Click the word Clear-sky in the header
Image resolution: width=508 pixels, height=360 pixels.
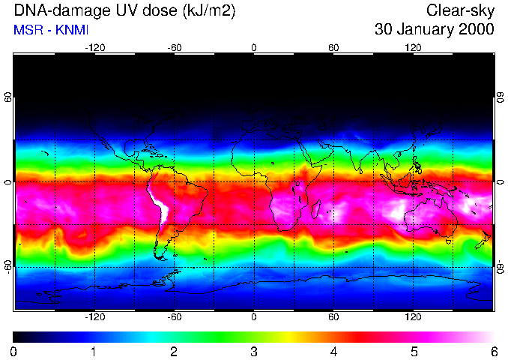[x=460, y=10]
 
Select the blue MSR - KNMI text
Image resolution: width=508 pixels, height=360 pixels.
[x=50, y=30]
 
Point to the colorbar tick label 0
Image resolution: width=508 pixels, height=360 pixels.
[x=14, y=351]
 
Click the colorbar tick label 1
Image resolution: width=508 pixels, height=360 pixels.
[x=94, y=351]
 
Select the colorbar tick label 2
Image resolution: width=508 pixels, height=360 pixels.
[x=174, y=351]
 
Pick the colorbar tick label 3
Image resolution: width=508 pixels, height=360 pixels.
[x=254, y=351]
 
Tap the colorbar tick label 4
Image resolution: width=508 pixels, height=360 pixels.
[x=333, y=351]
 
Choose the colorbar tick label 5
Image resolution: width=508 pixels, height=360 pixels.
[x=414, y=351]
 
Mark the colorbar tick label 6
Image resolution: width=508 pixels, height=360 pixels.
[x=493, y=351]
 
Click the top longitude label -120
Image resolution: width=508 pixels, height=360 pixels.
[x=94, y=47]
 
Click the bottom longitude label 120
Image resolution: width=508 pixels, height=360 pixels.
[x=413, y=316]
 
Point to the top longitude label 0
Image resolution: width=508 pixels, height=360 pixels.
[x=254, y=47]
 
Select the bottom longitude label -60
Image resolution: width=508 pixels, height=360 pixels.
[x=174, y=316]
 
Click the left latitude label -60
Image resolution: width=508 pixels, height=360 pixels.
[x=8, y=267]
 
